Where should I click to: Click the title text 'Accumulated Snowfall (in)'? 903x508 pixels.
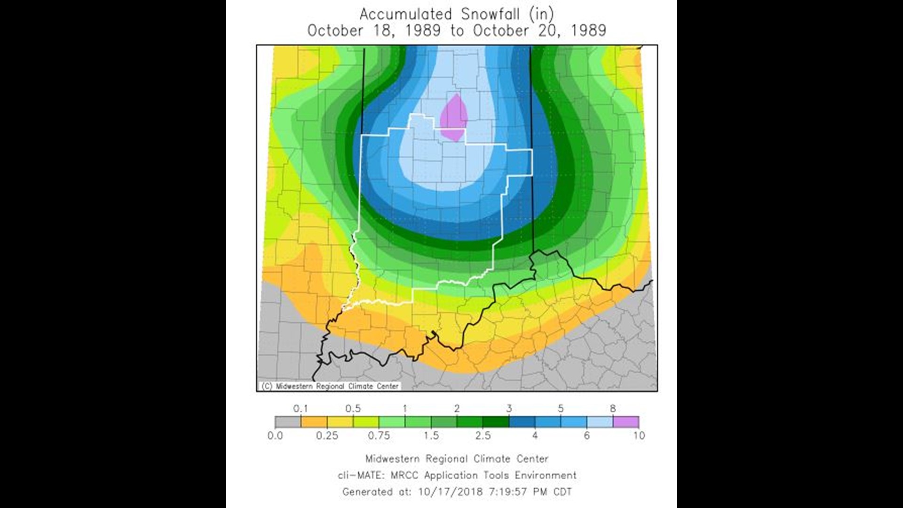pos(456,14)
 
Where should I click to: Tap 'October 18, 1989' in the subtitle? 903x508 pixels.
pos(374,31)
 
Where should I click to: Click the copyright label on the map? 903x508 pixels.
pos(330,386)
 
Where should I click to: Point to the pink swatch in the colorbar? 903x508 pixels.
pos(626,422)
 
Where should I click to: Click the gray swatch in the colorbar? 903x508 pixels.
pos(288,422)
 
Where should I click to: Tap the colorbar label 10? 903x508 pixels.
pos(639,436)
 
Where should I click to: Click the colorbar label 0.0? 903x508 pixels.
pos(275,436)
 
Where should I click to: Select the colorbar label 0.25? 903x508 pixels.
pos(327,436)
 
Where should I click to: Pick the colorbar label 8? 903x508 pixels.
pos(612,408)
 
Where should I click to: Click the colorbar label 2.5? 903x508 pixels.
pos(483,436)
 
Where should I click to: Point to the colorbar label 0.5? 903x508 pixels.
pos(353,408)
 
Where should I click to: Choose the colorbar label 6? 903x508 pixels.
pos(586,436)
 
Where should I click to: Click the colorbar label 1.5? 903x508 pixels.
pos(431,436)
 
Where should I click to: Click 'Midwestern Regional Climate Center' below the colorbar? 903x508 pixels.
pos(457,459)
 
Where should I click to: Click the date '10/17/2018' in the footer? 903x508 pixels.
pos(450,492)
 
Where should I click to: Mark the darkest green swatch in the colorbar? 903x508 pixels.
pos(496,422)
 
